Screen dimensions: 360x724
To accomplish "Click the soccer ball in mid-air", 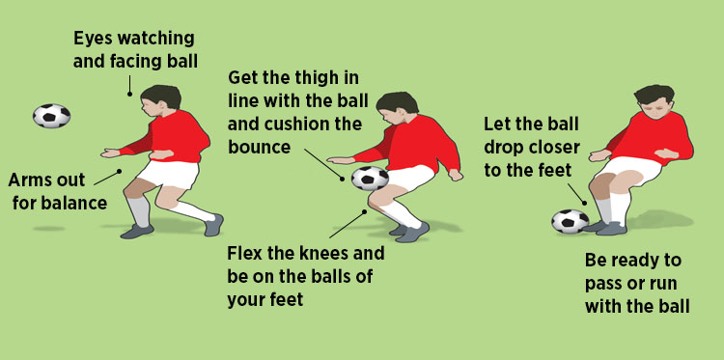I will tap(51, 116).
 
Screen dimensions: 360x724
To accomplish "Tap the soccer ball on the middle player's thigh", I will tap(370, 178).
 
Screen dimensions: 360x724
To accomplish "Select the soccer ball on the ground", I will tap(570, 222).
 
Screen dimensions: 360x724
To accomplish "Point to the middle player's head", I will tap(397, 106).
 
